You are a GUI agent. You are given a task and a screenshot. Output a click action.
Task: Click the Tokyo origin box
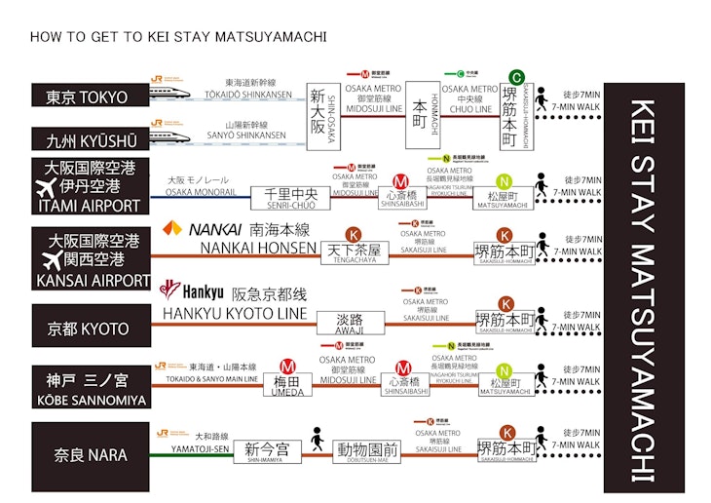[x=91, y=96]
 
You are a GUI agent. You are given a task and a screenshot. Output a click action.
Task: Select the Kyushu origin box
[x=91, y=138]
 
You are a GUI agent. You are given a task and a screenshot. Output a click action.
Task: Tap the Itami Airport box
[x=91, y=186]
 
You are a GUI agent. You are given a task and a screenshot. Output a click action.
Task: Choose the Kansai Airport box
[x=91, y=259]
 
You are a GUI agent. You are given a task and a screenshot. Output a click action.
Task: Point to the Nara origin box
[x=91, y=455]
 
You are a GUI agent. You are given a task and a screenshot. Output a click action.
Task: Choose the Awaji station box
[x=350, y=319]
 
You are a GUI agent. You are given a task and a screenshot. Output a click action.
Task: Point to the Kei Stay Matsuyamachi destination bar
[x=643, y=290]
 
